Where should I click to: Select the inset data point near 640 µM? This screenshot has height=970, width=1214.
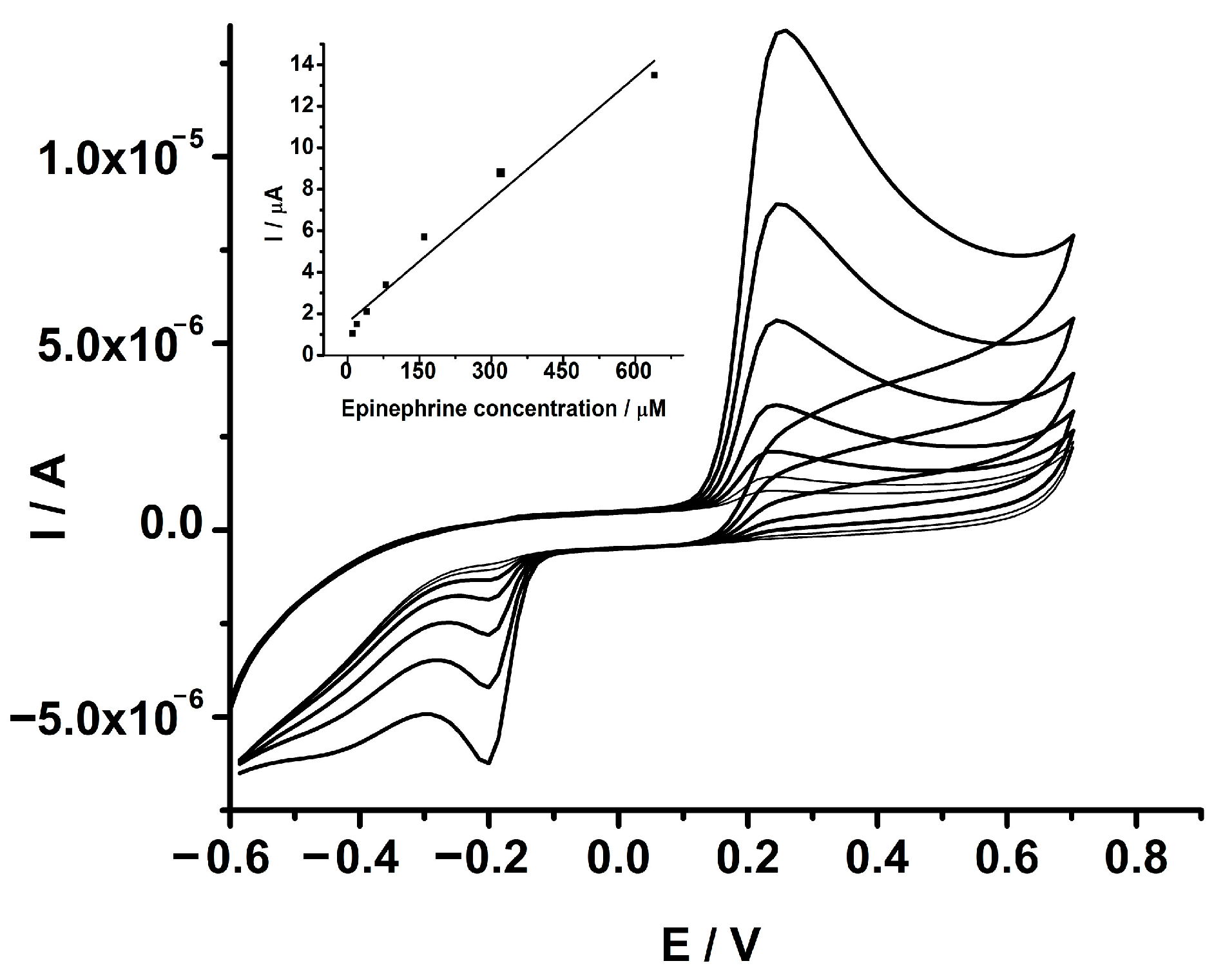(x=654, y=75)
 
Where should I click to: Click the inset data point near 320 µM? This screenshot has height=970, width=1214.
(x=501, y=173)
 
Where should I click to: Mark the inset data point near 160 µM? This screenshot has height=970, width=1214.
(x=424, y=237)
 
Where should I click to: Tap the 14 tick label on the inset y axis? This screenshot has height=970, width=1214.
(x=302, y=64)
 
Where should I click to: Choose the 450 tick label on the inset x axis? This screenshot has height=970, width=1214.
(x=562, y=372)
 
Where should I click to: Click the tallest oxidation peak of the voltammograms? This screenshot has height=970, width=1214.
(x=784, y=31)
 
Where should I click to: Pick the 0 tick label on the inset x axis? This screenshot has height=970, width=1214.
(x=348, y=372)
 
